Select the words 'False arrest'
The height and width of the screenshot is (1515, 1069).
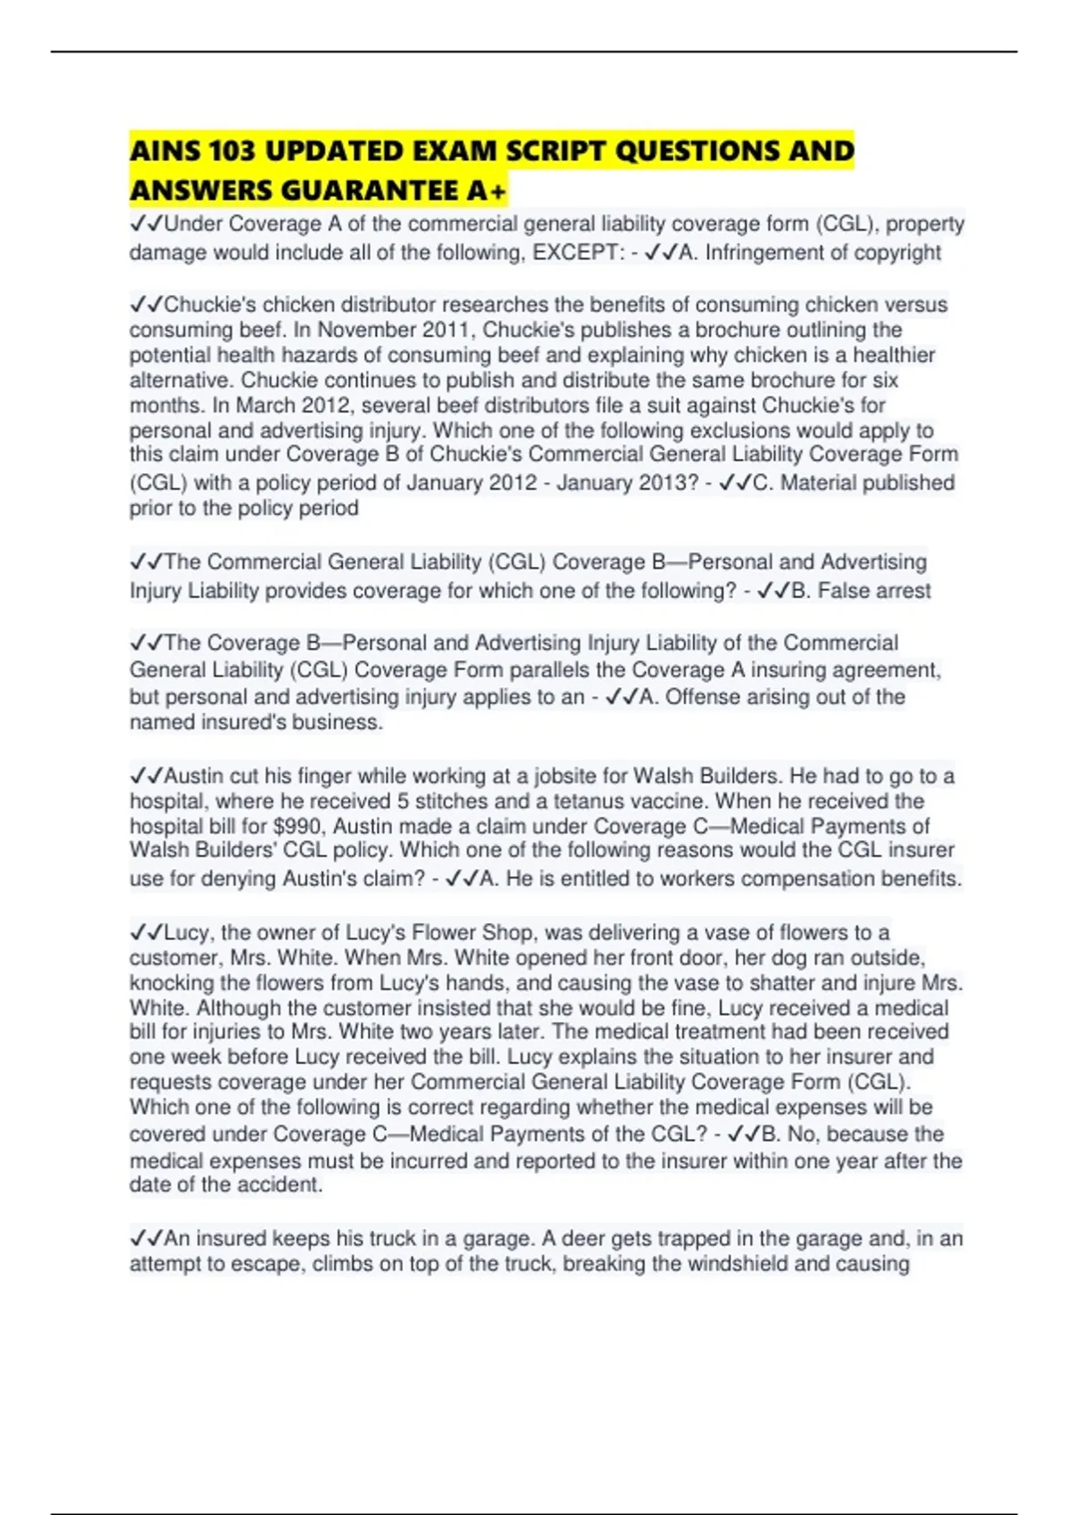[874, 591]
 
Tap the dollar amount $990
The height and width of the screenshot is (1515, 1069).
[296, 827]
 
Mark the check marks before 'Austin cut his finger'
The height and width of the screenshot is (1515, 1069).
[146, 776]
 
